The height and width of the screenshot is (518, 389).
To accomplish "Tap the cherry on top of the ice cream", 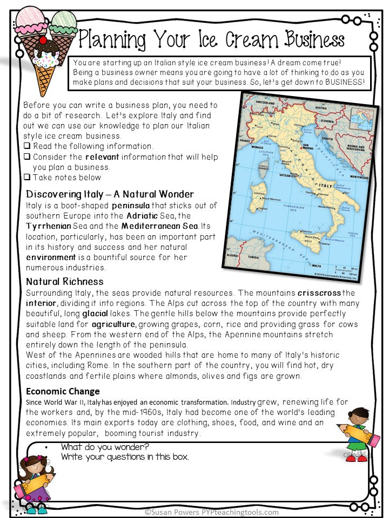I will pos(43,40).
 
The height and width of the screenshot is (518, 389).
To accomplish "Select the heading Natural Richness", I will pos(65,282).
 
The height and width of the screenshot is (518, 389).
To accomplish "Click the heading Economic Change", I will pos(63,392).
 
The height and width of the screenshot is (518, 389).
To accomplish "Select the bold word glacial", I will pos(95,313).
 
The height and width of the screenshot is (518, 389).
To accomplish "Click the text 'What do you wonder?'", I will pos(105,447).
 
